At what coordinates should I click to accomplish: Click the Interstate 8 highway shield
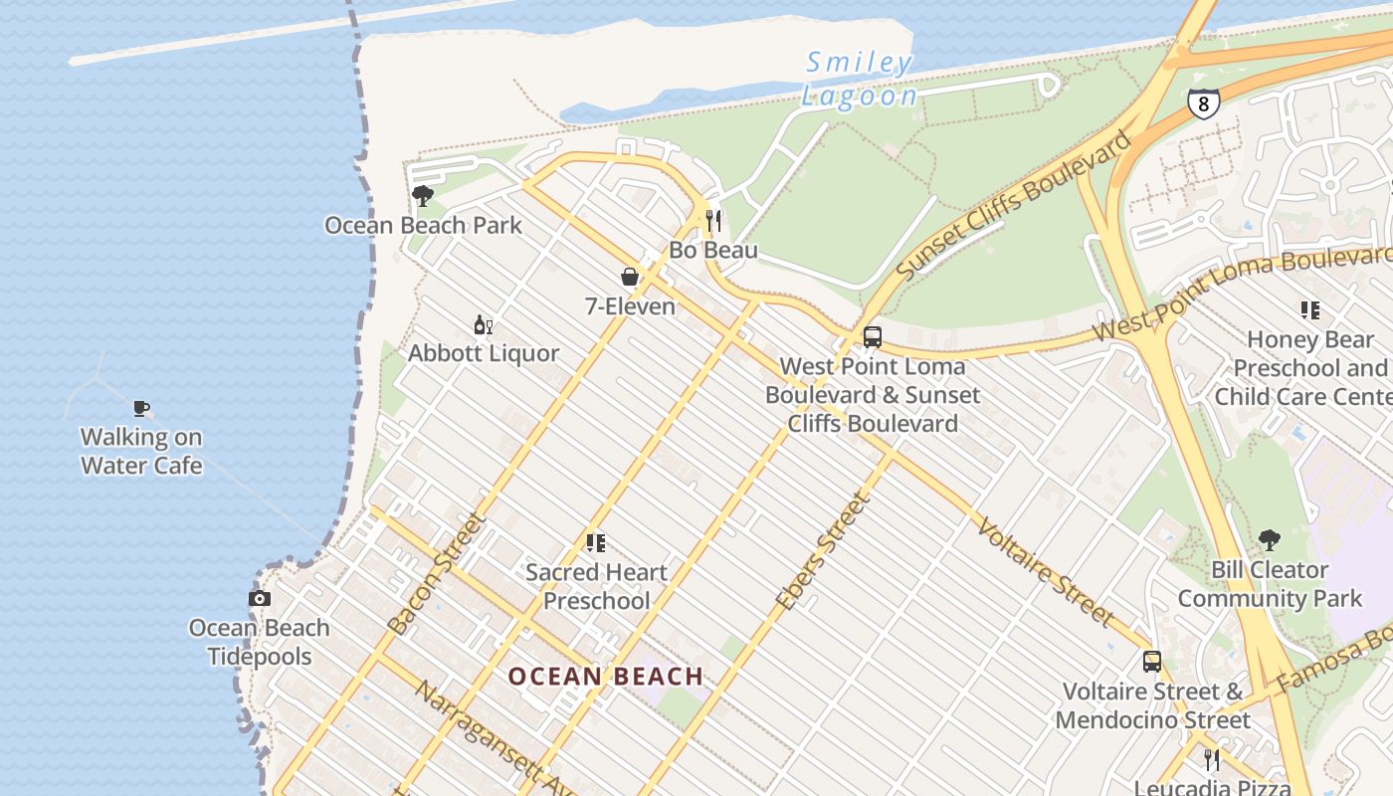[1203, 103]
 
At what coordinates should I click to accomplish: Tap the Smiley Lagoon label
[859, 80]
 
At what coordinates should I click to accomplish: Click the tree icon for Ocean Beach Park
[423, 195]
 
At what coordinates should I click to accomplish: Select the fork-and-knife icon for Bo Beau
[713, 220]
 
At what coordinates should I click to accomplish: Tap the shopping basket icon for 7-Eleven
[630, 277]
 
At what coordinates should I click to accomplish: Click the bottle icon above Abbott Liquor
[484, 324]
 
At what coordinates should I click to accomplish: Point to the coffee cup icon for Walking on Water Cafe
[141, 408]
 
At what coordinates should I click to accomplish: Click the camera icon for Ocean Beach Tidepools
[260, 598]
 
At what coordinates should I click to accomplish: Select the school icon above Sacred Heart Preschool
[596, 543]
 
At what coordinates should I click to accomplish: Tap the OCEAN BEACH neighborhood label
[606, 677]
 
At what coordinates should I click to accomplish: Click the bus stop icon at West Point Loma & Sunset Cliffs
[873, 337]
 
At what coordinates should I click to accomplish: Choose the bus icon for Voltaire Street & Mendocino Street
[1152, 662]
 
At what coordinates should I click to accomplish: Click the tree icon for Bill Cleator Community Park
[1269, 540]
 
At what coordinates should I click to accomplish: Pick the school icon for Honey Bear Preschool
[1310, 310]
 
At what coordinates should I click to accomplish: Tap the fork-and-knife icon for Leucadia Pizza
[1211, 760]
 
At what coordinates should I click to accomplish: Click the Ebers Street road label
[823, 552]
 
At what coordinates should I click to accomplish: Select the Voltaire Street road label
[1045, 571]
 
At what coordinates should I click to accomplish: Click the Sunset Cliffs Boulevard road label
[1014, 205]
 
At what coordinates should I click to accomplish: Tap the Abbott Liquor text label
[484, 353]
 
